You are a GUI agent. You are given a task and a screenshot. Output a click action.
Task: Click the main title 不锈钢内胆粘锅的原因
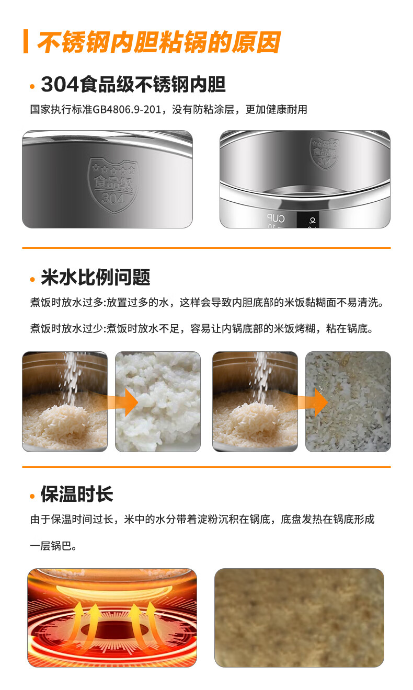tap(158, 42)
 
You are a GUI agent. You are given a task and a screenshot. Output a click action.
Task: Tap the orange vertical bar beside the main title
tap(26, 41)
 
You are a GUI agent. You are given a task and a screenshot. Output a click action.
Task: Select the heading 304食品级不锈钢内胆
tap(133, 84)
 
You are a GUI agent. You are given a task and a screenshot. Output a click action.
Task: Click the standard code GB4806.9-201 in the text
tap(127, 109)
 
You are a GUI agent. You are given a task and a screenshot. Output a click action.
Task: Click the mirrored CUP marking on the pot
tap(276, 218)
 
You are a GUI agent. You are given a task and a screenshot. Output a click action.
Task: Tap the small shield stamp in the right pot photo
tap(324, 153)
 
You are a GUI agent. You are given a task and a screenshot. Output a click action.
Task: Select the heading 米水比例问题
tap(96, 277)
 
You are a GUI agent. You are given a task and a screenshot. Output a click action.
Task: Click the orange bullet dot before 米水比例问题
tap(32, 279)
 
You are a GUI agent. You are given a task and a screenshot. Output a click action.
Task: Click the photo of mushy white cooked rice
tap(158, 401)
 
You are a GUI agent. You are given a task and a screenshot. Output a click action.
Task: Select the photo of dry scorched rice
tap(348, 401)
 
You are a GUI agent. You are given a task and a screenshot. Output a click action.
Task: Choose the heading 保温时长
tap(77, 494)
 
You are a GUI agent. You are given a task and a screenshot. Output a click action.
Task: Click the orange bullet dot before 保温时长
tap(32, 496)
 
